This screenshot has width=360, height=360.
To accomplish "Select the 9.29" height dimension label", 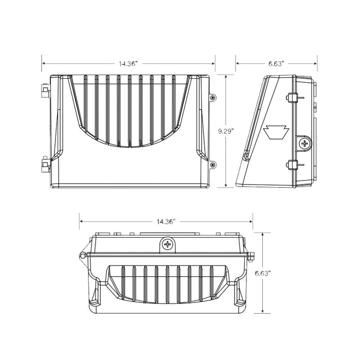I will click(225, 132).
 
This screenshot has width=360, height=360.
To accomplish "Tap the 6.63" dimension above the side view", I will click(276, 64).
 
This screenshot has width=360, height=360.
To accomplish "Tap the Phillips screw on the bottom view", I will click(167, 245).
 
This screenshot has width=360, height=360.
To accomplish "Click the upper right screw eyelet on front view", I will click(213, 97).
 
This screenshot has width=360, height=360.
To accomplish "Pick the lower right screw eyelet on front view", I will click(213, 165).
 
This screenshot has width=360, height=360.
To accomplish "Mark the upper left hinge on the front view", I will click(45, 93).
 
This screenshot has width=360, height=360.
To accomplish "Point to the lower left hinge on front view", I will click(45, 165).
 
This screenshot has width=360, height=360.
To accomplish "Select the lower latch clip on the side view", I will click(292, 165).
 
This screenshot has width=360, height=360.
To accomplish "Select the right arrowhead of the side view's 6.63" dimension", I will click(315, 64).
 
